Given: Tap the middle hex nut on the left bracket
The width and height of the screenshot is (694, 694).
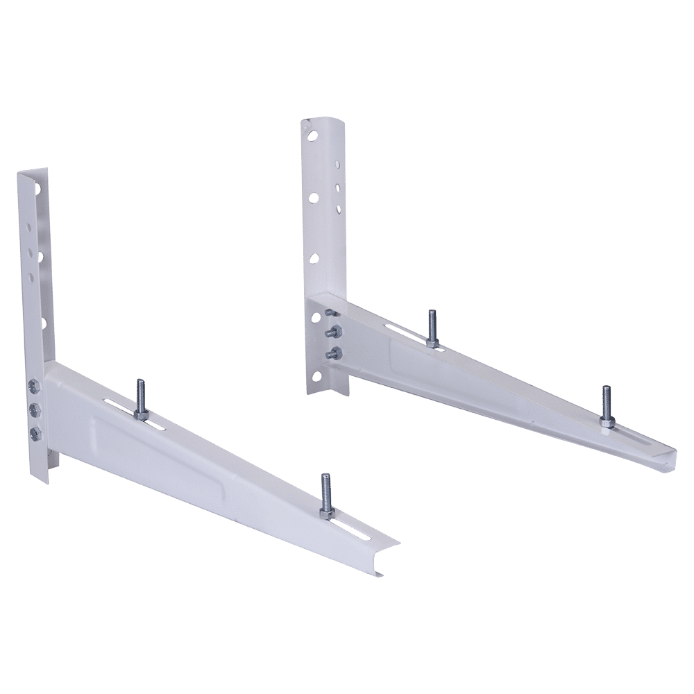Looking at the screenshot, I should click(33, 409).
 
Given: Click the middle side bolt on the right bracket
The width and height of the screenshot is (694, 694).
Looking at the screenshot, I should click(335, 331).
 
